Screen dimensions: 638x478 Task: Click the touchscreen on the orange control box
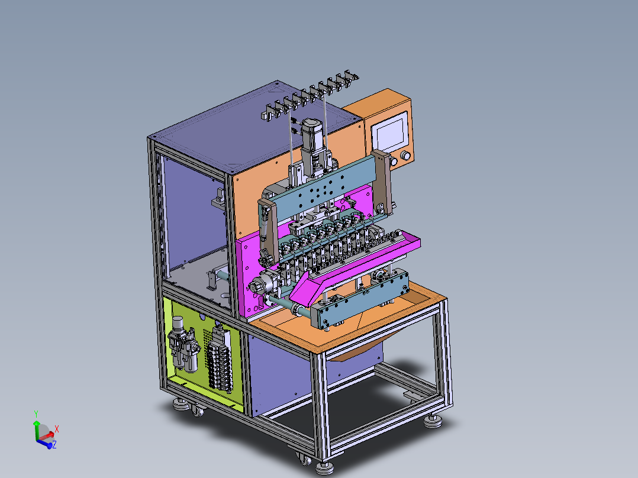[x=390, y=131]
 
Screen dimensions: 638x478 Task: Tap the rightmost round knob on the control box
[x=405, y=156]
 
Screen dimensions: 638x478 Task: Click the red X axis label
[x=57, y=429]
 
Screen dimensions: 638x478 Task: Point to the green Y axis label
[x=36, y=414]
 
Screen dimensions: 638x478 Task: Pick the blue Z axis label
[x=54, y=445]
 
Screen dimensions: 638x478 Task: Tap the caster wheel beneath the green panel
[x=197, y=411]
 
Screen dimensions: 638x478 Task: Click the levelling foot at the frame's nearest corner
[x=325, y=468]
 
